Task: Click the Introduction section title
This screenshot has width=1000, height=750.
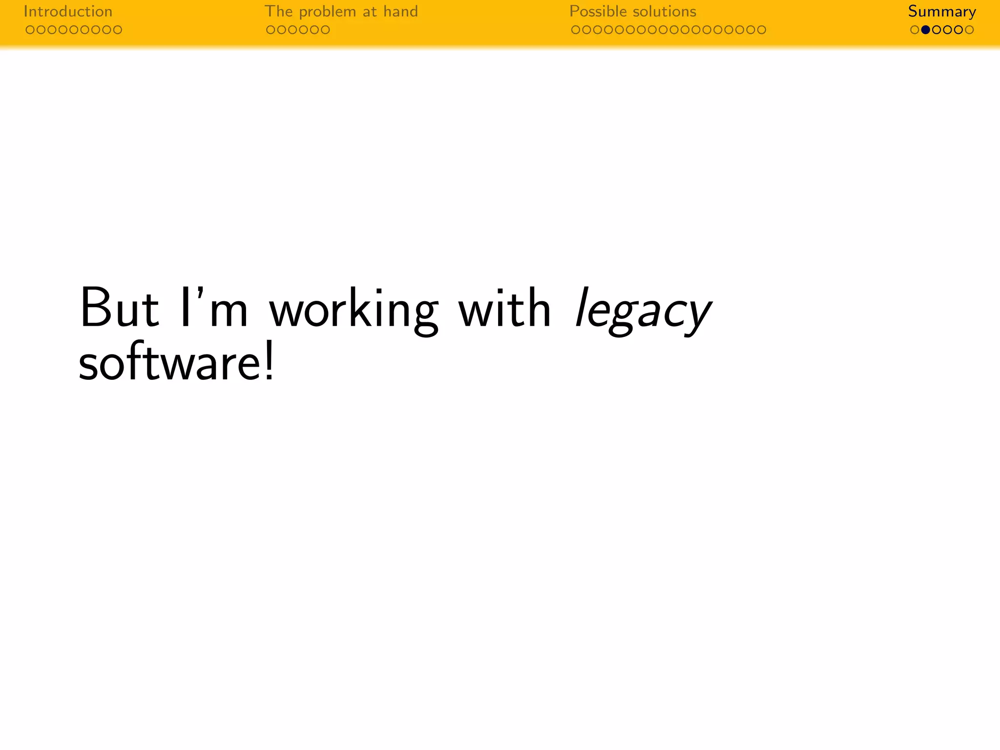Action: coord(68,11)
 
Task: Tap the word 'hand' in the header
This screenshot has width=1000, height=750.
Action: coord(400,11)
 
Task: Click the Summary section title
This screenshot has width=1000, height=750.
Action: coord(941,12)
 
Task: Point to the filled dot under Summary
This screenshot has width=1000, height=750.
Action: coord(925,30)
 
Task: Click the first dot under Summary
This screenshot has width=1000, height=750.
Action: coord(915,30)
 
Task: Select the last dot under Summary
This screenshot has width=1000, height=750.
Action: coord(969,30)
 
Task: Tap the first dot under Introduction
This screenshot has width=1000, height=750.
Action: coord(30,30)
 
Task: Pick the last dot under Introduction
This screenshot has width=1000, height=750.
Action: coord(117,30)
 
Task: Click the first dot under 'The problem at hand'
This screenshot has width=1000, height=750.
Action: coord(271,30)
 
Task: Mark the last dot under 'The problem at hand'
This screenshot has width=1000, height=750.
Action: coord(325,30)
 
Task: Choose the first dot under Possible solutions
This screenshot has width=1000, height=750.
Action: coord(576,30)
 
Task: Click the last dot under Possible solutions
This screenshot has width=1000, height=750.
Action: coord(761,30)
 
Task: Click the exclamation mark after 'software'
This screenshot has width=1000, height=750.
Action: coord(269,363)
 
